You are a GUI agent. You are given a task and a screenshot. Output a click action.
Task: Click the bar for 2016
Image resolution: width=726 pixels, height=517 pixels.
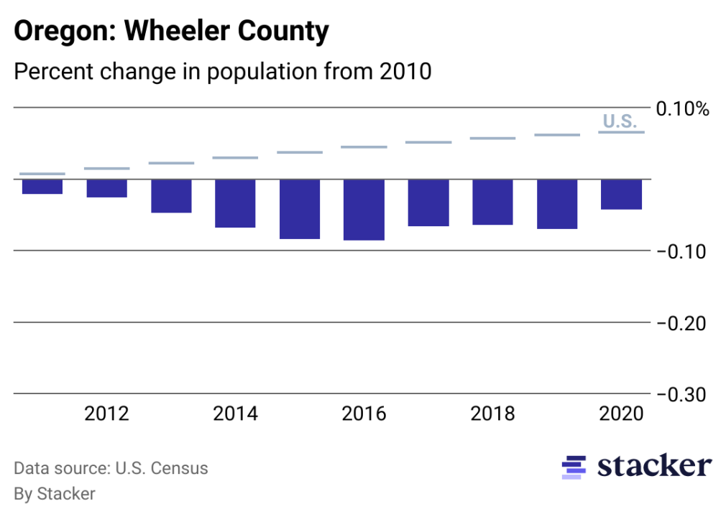[x=364, y=210]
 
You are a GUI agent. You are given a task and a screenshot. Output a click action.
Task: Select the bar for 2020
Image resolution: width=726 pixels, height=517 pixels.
[x=621, y=195]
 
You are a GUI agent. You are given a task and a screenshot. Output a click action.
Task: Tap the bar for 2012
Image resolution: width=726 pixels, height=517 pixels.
[x=107, y=188]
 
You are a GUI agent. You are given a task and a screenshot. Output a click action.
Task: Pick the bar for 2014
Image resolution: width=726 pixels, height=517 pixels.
[x=236, y=203]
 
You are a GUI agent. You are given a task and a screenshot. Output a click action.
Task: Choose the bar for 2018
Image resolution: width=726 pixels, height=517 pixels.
[x=492, y=202]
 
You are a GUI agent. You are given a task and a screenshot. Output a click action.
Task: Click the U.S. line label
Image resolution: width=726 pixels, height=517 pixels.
[x=619, y=121]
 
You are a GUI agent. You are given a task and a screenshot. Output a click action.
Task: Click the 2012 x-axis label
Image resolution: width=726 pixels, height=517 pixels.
[x=107, y=414]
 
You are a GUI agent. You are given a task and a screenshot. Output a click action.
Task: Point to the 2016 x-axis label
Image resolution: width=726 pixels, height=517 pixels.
[x=364, y=414]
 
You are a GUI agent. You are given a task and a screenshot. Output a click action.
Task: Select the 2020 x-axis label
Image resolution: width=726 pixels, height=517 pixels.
[x=621, y=414]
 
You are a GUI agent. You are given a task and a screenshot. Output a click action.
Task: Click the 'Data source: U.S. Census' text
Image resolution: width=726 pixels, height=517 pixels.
[x=111, y=469]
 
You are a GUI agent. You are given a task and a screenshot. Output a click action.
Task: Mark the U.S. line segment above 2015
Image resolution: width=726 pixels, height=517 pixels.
[x=300, y=152]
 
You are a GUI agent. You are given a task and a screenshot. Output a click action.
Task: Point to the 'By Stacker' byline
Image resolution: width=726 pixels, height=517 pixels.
[x=55, y=494]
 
